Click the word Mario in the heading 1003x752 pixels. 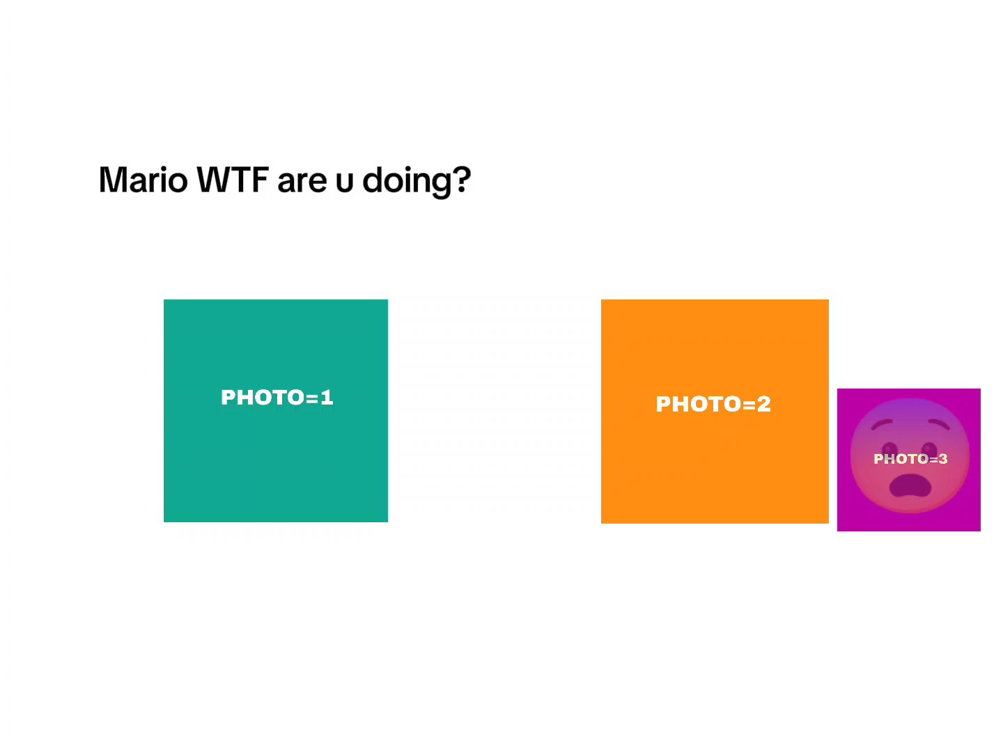(x=143, y=180)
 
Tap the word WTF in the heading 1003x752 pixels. (x=232, y=180)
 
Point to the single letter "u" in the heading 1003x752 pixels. (x=345, y=182)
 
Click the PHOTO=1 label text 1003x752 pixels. (x=277, y=397)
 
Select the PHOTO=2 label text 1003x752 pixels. (x=713, y=404)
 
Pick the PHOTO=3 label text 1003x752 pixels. (x=910, y=459)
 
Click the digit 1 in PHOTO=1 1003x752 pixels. (x=327, y=397)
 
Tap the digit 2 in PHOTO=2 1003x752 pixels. (x=763, y=404)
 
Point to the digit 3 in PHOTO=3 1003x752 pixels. (x=942, y=459)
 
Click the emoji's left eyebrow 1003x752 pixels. (x=882, y=425)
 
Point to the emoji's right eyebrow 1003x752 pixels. (x=938, y=425)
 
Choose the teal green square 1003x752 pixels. (x=276, y=411)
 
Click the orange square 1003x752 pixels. (x=715, y=412)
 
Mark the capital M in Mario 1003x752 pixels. (x=112, y=180)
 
